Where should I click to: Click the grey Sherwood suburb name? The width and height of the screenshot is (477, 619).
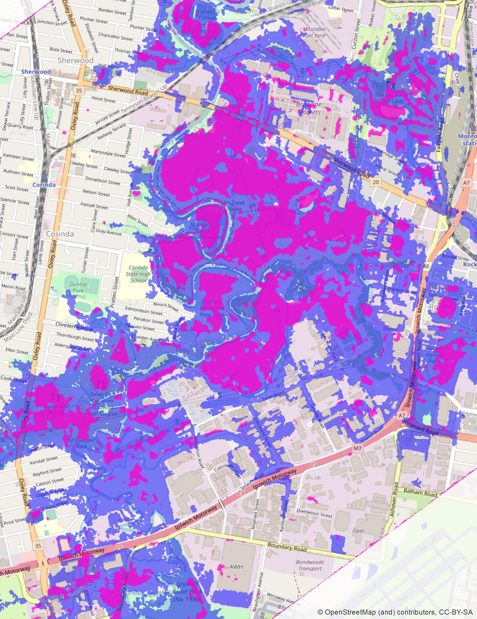pyautogui.click(x=75, y=60)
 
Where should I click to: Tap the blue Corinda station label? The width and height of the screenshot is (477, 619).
pyautogui.click(x=44, y=185)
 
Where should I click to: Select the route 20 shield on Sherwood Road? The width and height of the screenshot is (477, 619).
pyautogui.click(x=376, y=182)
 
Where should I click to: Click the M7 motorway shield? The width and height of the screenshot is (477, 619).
pyautogui.click(x=358, y=448)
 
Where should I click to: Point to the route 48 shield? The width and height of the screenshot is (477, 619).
pyautogui.click(x=426, y=266)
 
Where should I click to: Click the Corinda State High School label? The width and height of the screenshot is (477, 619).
pyautogui.click(x=138, y=274)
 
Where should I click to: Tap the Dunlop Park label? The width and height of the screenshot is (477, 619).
pyautogui.click(x=78, y=287)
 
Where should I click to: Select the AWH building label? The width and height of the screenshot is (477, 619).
pyautogui.click(x=236, y=567)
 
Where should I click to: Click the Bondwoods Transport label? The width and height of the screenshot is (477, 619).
pyautogui.click(x=310, y=565)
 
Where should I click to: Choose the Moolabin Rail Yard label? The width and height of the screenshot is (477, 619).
pyautogui.click(x=314, y=32)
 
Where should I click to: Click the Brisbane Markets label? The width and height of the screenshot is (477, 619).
pyautogui.click(x=309, y=108)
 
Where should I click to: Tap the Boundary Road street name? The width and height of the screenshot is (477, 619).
pyautogui.click(x=287, y=547)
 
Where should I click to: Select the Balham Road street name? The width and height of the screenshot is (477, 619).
pyautogui.click(x=420, y=492)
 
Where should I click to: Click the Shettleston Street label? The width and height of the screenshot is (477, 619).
pyautogui.click(x=314, y=513)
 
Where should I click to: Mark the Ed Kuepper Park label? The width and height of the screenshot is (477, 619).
pyautogui.click(x=82, y=443)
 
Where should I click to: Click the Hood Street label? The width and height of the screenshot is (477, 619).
pyautogui.click(x=103, y=99)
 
